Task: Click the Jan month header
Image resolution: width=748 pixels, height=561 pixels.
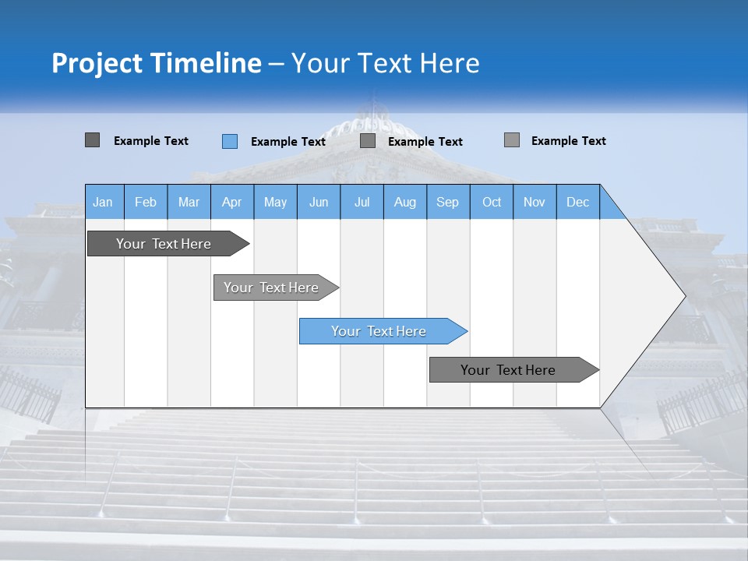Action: coord(103,202)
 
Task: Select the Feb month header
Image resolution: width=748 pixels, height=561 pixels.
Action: coord(146,202)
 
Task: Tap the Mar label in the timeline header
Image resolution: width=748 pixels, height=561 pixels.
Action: coord(189,202)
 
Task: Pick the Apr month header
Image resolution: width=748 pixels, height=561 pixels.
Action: coord(231,202)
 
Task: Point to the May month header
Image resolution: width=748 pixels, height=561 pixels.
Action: coord(275,202)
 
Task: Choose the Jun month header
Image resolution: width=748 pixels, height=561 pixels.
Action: coord(319,202)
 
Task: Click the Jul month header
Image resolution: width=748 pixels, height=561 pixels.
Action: coord(362,202)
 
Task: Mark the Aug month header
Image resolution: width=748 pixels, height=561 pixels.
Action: coord(404,202)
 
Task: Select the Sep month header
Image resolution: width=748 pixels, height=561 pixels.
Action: coord(447,202)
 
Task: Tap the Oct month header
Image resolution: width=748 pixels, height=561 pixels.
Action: coord(492,202)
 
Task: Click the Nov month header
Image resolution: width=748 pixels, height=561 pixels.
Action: coord(535,202)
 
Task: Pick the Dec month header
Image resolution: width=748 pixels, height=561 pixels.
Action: coord(577,202)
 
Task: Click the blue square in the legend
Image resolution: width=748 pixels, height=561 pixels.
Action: coord(230,141)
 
